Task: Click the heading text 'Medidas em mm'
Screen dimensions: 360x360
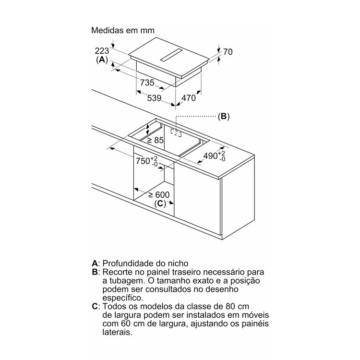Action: [123, 30]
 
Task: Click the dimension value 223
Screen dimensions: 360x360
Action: [102, 51]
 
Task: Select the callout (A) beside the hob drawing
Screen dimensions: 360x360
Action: [102, 60]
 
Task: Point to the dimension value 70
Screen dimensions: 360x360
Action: [228, 52]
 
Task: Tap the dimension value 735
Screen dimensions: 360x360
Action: [147, 83]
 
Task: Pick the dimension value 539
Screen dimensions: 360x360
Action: [154, 98]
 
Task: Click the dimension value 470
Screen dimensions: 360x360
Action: [189, 98]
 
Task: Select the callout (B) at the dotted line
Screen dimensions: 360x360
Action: [224, 117]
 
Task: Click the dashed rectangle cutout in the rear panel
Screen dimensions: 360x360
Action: [176, 133]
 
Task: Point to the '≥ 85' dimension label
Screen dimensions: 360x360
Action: [156, 140]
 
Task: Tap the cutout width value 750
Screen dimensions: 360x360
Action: [143, 161]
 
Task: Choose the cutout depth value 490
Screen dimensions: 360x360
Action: [211, 156]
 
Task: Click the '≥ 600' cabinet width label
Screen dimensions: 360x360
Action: [159, 195]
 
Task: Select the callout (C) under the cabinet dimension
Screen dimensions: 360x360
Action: [160, 204]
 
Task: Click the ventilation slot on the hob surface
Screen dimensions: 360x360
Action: [171, 55]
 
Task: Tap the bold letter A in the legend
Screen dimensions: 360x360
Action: [95, 263]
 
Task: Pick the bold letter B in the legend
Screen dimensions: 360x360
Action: [95, 272]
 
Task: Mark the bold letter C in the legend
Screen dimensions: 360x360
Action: [95, 306]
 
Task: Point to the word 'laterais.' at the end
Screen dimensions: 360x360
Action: [117, 332]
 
